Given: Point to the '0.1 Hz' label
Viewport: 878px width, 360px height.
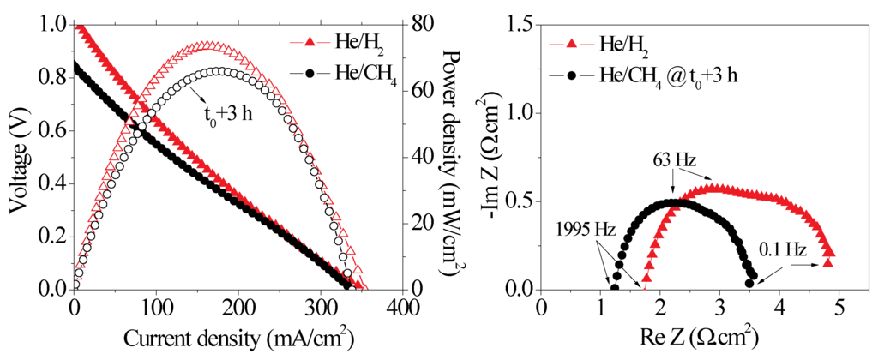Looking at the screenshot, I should (781, 251).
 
